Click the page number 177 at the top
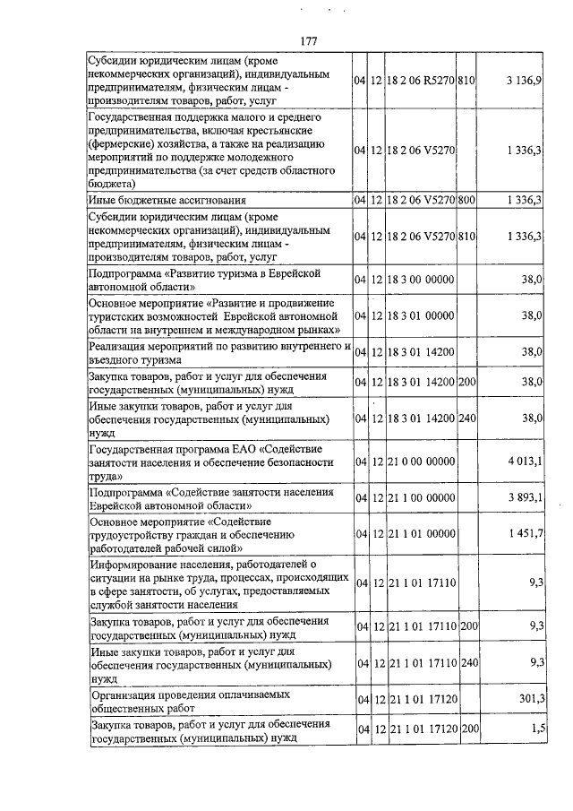click(x=309, y=40)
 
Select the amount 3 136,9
click(x=523, y=80)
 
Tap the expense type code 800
click(x=466, y=200)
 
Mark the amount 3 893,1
click(x=524, y=497)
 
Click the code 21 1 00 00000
click(x=423, y=497)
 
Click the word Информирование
click(x=135, y=564)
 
